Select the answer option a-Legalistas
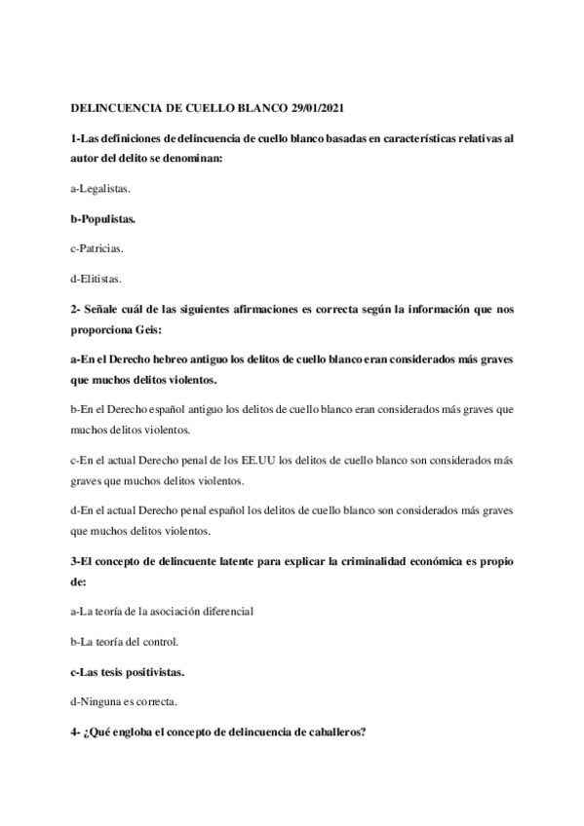point(101,190)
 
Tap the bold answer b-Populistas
point(103,219)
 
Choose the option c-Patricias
point(97,248)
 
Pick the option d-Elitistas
point(97,279)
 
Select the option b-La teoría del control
point(125,641)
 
